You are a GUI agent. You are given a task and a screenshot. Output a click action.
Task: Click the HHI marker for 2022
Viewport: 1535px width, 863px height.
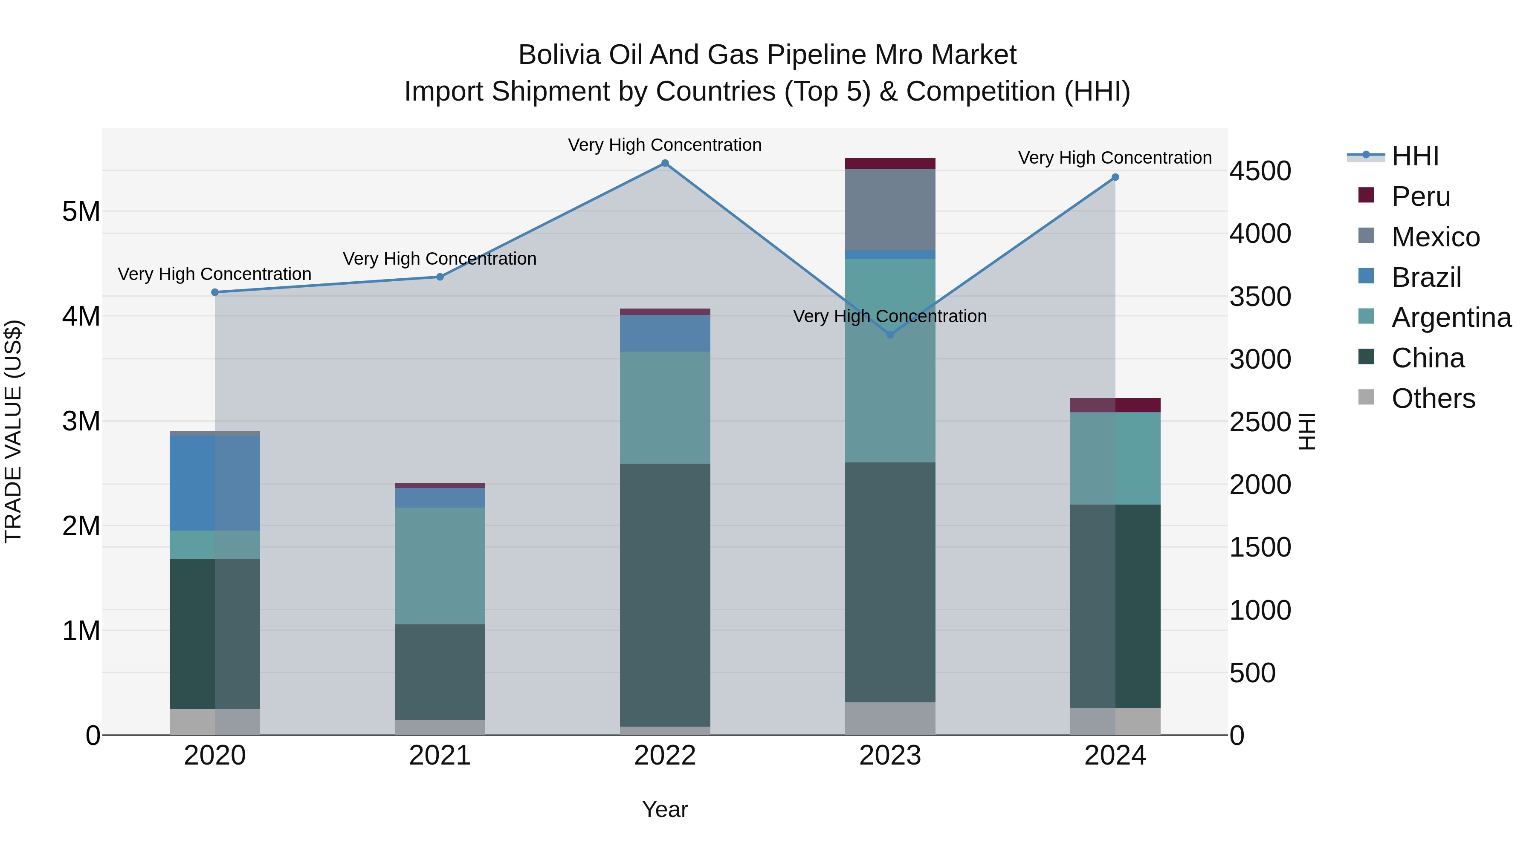[665, 163]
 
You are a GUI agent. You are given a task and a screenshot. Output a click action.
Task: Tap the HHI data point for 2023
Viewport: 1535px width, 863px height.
[890, 335]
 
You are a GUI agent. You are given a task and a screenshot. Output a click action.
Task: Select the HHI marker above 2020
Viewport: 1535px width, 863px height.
[215, 292]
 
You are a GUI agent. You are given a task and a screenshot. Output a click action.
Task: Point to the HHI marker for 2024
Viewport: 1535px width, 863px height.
[1115, 177]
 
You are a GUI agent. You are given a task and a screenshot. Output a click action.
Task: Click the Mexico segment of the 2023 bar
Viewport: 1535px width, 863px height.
[890, 210]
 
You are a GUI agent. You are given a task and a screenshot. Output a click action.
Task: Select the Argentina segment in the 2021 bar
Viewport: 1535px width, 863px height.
[440, 566]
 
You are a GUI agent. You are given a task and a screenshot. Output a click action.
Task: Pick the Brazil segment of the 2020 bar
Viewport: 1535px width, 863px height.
[215, 483]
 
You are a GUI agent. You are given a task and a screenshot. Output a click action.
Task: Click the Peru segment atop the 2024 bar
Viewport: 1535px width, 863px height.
[1115, 405]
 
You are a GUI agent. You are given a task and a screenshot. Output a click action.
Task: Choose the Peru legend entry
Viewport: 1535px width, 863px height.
[1421, 196]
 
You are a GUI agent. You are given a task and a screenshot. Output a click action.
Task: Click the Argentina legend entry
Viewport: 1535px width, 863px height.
[1451, 317]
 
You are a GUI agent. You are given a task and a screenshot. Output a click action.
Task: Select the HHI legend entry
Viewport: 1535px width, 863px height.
[1415, 156]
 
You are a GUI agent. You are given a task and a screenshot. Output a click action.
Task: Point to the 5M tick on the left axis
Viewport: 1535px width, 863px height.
[81, 211]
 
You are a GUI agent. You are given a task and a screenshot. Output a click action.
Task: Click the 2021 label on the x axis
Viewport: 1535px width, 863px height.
[440, 756]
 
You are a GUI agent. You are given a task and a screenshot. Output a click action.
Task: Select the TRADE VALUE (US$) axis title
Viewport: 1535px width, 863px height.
[14, 431]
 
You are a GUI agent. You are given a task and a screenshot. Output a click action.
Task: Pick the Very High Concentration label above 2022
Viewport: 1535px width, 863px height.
[665, 145]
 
